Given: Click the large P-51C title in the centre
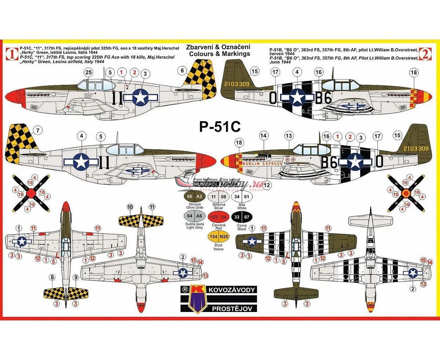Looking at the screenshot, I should (220, 126).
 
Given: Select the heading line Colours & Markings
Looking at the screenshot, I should (218, 54).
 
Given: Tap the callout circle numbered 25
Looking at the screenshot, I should (88, 73).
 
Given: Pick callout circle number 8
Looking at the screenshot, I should (52, 278).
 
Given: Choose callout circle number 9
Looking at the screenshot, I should (76, 278).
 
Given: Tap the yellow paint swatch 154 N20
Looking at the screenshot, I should (218, 237).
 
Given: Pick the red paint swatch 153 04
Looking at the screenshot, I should (218, 217).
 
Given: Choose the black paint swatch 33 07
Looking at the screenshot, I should (243, 217).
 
